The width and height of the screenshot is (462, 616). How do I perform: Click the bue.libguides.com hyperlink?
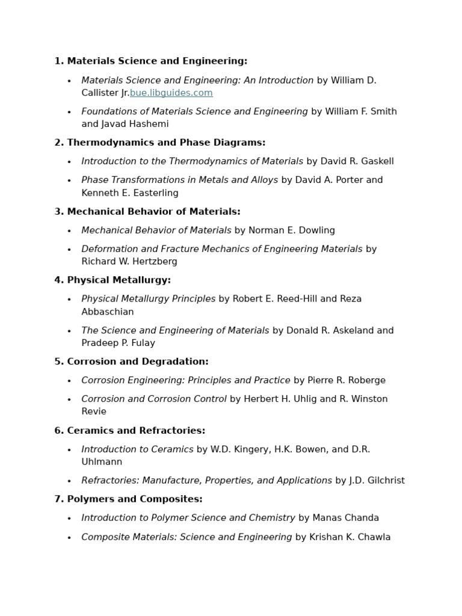(x=171, y=93)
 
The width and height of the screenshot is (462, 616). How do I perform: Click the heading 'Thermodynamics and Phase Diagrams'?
(x=166, y=143)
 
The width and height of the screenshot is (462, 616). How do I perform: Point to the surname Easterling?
(x=152, y=193)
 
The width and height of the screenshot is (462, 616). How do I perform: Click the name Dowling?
(x=316, y=230)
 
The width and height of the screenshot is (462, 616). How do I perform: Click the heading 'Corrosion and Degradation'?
(x=138, y=362)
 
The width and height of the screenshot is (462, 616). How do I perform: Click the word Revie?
(x=94, y=411)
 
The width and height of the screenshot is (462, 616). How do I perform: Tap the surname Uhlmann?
(x=102, y=462)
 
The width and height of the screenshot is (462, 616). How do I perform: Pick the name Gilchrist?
(x=384, y=481)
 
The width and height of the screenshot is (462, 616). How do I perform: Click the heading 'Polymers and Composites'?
(x=135, y=499)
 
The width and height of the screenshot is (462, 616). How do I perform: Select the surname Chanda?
(x=362, y=518)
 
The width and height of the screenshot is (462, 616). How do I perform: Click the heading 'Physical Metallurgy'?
(x=119, y=280)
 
